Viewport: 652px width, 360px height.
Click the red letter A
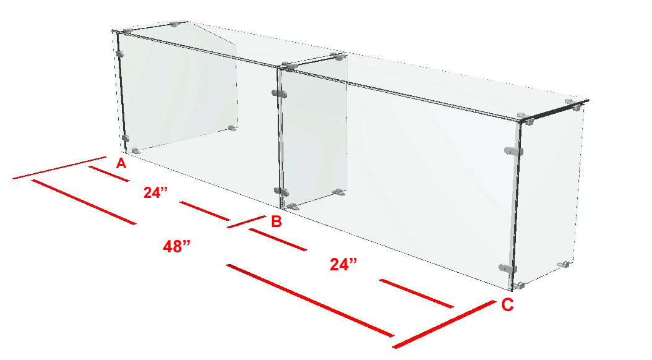[121, 163]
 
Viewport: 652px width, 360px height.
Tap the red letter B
[277, 221]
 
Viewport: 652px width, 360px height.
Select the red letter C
[507, 305]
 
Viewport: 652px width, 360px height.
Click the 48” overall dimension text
[177, 247]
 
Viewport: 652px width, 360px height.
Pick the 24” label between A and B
[155, 192]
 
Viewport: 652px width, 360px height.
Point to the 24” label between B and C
[343, 264]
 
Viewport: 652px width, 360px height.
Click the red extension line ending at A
[59, 168]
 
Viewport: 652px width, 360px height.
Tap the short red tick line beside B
[246, 221]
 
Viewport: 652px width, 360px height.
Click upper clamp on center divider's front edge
[280, 93]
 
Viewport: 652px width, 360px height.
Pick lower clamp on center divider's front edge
[281, 192]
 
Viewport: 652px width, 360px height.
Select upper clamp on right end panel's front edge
[513, 151]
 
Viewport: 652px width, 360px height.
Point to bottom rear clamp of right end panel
[564, 264]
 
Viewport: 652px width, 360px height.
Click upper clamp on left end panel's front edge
[120, 54]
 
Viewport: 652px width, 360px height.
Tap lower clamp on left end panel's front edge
[125, 138]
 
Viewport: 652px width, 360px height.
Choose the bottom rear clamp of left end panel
[233, 128]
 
